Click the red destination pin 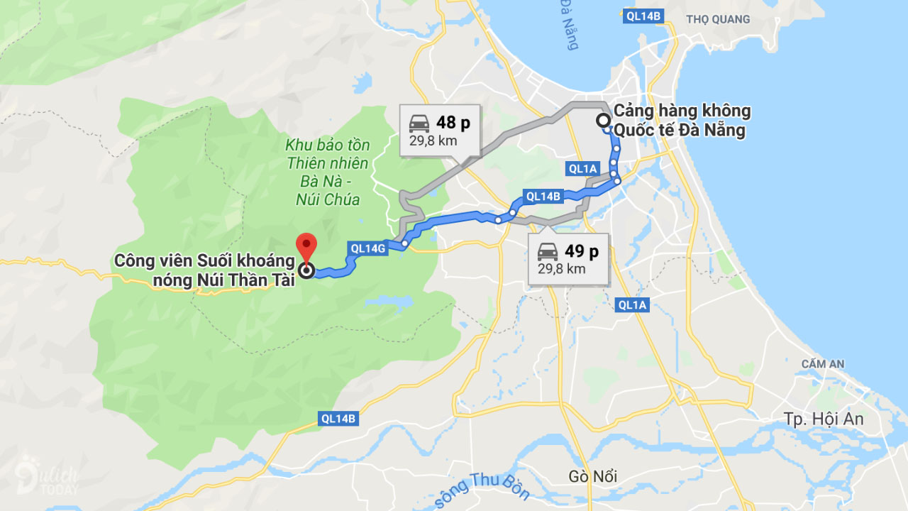click(306, 246)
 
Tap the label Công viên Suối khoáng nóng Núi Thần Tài click(205, 270)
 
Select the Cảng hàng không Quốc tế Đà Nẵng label click(681, 121)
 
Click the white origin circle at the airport click(602, 120)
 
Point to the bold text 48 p click(453, 123)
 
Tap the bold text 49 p click(582, 251)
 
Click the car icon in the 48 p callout click(419, 123)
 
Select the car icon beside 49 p click(548, 251)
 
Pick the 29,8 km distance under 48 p click(433, 141)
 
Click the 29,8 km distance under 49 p click(562, 269)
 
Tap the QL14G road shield click(368, 248)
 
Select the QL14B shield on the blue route click(543, 196)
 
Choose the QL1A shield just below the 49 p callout click(633, 305)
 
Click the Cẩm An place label click(823, 364)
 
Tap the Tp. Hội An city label click(823, 419)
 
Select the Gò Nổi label click(592, 476)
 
